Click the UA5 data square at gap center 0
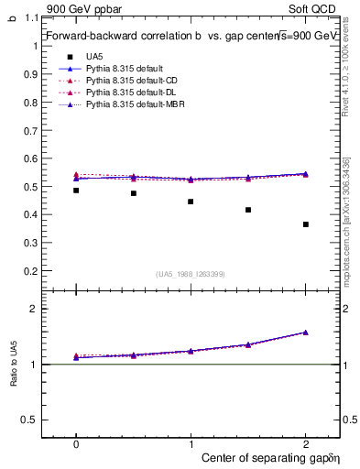tap(76, 191)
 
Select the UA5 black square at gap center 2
tap(305, 224)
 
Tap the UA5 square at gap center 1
tap(191, 202)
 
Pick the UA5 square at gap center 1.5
tap(248, 210)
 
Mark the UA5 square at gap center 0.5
tap(134, 193)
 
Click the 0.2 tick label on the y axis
tap(31, 271)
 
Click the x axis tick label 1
tap(191, 442)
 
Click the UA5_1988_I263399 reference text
tap(191, 275)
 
